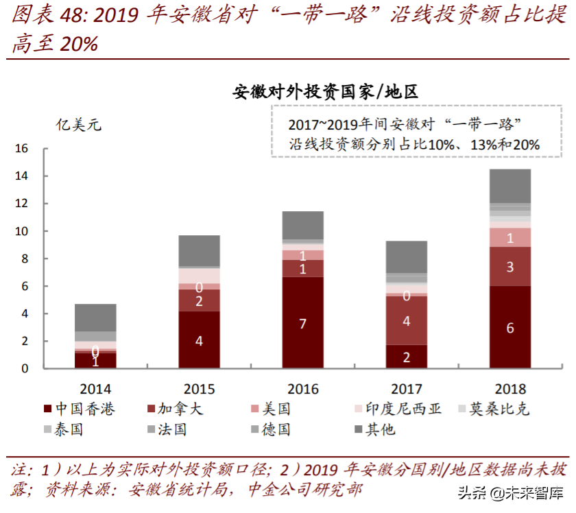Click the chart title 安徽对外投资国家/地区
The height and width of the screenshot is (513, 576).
[325, 91]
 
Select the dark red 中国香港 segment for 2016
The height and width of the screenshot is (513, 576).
[303, 322]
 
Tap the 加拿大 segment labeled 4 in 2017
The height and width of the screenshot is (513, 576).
[407, 320]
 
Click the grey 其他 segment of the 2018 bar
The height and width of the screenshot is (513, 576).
[510, 186]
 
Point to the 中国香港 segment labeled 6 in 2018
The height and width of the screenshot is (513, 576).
[510, 327]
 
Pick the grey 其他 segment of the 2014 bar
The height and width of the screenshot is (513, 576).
[95, 318]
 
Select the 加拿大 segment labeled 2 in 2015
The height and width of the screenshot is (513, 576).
[199, 300]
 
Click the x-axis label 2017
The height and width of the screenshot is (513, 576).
[407, 389]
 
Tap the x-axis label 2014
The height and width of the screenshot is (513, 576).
[95, 389]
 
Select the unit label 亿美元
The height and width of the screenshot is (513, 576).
[78, 125]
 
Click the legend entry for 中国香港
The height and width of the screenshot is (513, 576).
[80, 409]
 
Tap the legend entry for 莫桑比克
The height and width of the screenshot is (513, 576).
[498, 409]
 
